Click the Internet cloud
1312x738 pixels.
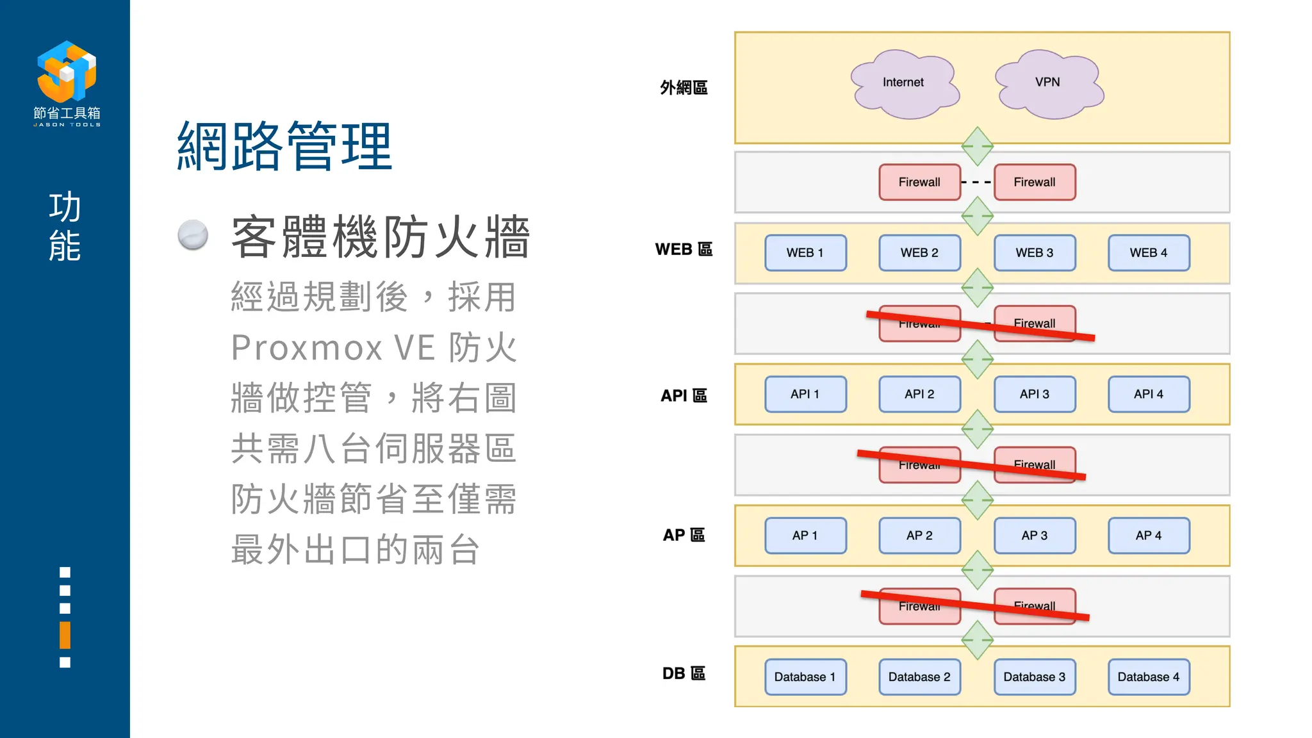pyautogui.click(x=903, y=83)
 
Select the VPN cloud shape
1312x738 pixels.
pyautogui.click(x=1048, y=83)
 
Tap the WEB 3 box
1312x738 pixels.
pyautogui.click(x=1034, y=253)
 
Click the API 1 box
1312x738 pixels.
pyautogui.click(x=805, y=395)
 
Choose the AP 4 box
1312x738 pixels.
pyautogui.click(x=1148, y=536)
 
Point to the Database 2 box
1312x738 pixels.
pyautogui.click(x=919, y=677)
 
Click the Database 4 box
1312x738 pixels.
pyautogui.click(x=1148, y=677)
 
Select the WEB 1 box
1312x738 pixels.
pyautogui.click(x=805, y=253)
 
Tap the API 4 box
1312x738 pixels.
pyautogui.click(x=1148, y=395)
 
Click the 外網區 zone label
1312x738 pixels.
pyautogui.click(x=684, y=88)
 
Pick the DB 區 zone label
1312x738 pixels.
pyautogui.click(x=684, y=673)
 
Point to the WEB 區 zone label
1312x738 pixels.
pyautogui.click(x=684, y=249)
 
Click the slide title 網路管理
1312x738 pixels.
pyautogui.click(x=284, y=147)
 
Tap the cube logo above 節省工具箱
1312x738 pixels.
pyautogui.click(x=67, y=71)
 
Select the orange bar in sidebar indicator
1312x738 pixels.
pyautogui.click(x=65, y=635)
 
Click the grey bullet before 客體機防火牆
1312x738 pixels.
pyautogui.click(x=193, y=234)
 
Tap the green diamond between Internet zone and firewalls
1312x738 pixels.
pyautogui.click(x=977, y=146)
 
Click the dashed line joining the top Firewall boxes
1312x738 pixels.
pyautogui.click(x=977, y=183)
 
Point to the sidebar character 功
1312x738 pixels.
pyautogui.click(x=65, y=207)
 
